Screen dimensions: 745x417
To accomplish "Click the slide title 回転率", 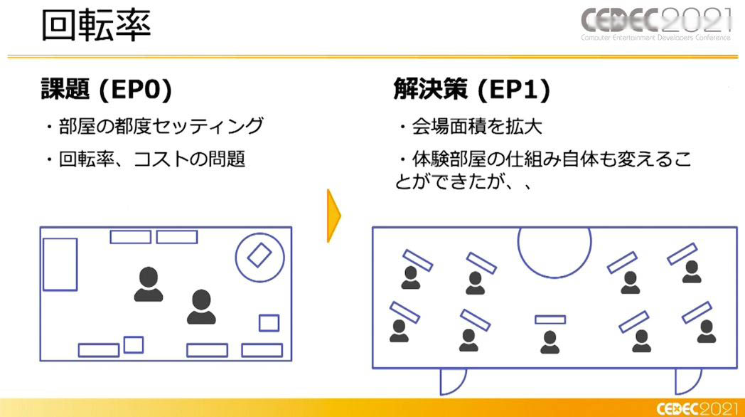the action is pos(97,25).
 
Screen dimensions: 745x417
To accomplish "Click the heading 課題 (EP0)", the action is pos(107,89).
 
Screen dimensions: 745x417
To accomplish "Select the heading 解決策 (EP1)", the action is pos(472,89).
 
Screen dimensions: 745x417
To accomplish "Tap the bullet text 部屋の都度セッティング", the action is pos(161,126).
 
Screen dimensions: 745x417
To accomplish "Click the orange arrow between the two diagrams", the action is pos(333,216).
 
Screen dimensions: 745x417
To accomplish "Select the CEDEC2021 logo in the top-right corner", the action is pos(655,23).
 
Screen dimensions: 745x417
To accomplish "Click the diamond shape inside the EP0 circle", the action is pos(259,255).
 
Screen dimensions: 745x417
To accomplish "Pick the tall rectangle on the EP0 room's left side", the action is pos(60,265).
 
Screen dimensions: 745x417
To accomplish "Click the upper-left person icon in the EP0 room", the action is pos(149,285).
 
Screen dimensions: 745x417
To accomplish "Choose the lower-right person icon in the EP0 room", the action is pos(201,307).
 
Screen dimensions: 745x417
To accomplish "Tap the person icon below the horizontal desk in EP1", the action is pos(550,342).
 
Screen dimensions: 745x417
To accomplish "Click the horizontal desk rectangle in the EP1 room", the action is pos(550,320).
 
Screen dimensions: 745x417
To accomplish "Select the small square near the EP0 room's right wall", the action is pos(269,323).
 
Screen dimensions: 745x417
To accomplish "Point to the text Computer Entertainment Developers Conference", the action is pos(655,38).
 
